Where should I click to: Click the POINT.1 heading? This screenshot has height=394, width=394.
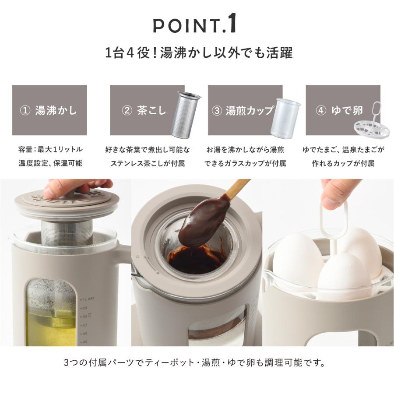tap(195, 25)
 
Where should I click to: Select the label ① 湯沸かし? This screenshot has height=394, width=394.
tap(49, 110)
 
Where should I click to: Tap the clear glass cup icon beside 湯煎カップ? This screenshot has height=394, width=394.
tap(285, 116)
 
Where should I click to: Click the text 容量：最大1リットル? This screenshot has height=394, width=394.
tap(50, 150)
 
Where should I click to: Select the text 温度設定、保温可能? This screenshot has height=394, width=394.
tap(50, 164)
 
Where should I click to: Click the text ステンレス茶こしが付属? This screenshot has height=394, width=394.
tap(148, 164)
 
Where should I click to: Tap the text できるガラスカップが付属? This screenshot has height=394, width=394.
tap(245, 164)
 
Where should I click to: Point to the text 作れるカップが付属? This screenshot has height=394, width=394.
tap(344, 164)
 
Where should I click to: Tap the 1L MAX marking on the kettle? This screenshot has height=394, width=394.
tap(90, 299)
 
